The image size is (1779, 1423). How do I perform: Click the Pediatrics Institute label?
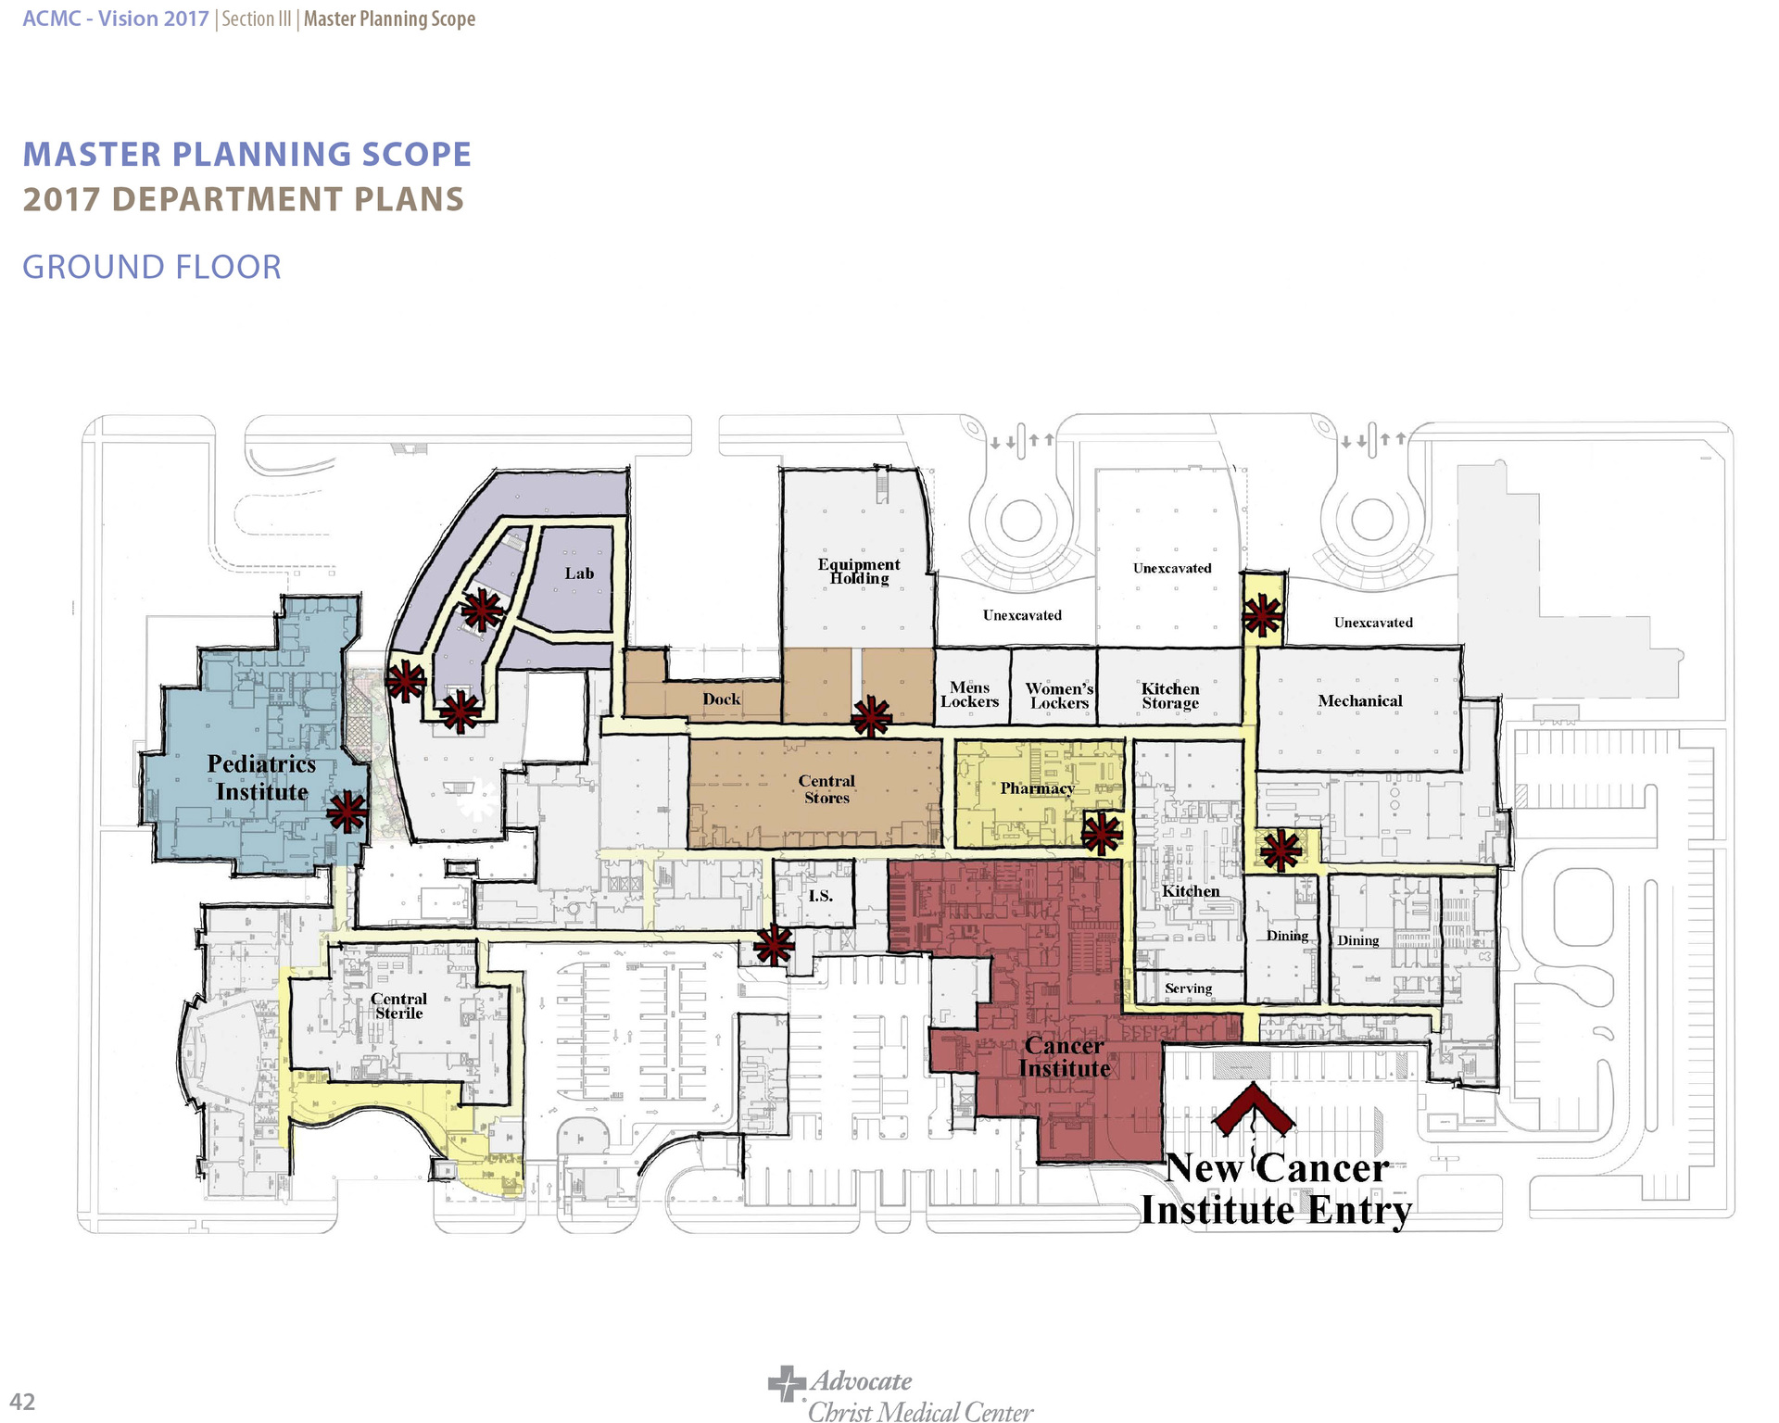click(261, 778)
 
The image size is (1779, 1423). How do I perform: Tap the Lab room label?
click(579, 573)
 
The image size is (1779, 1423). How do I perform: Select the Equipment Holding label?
click(859, 571)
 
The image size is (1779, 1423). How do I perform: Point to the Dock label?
click(721, 699)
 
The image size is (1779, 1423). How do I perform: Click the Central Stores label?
click(826, 789)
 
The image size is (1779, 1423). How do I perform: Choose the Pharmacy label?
click(1037, 788)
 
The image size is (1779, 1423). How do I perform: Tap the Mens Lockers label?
click(969, 694)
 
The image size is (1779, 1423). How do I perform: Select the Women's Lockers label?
click(1059, 696)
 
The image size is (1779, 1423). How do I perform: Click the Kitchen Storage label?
click(1170, 696)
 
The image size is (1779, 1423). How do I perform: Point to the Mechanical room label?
click(1360, 701)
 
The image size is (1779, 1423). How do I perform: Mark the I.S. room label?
click(820, 896)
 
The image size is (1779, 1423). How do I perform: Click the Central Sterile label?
click(398, 1006)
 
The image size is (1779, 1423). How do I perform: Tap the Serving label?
click(1188, 989)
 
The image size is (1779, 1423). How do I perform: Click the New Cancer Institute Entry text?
click(1276, 1190)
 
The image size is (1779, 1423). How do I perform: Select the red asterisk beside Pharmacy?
click(1102, 834)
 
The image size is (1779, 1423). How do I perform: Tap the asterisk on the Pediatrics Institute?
click(347, 812)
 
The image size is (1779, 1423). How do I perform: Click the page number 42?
click(22, 1402)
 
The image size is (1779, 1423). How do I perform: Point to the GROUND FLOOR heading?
click(152, 267)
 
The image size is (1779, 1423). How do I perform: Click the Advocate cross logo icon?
click(786, 1384)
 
